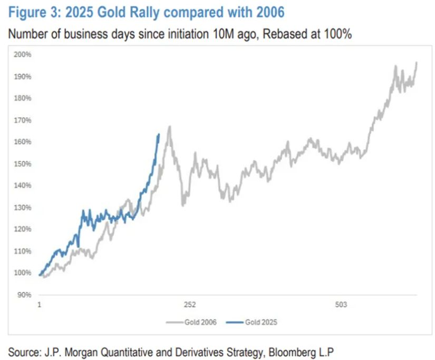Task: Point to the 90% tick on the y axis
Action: pyautogui.click(x=24, y=295)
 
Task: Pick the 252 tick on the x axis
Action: pyautogui.click(x=190, y=305)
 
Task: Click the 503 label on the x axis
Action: pyautogui.click(x=341, y=305)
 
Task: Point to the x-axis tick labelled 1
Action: pyautogui.click(x=40, y=305)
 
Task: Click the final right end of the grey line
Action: pyautogui.click(x=417, y=62)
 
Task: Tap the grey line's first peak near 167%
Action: pyautogui.click(x=169, y=127)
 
